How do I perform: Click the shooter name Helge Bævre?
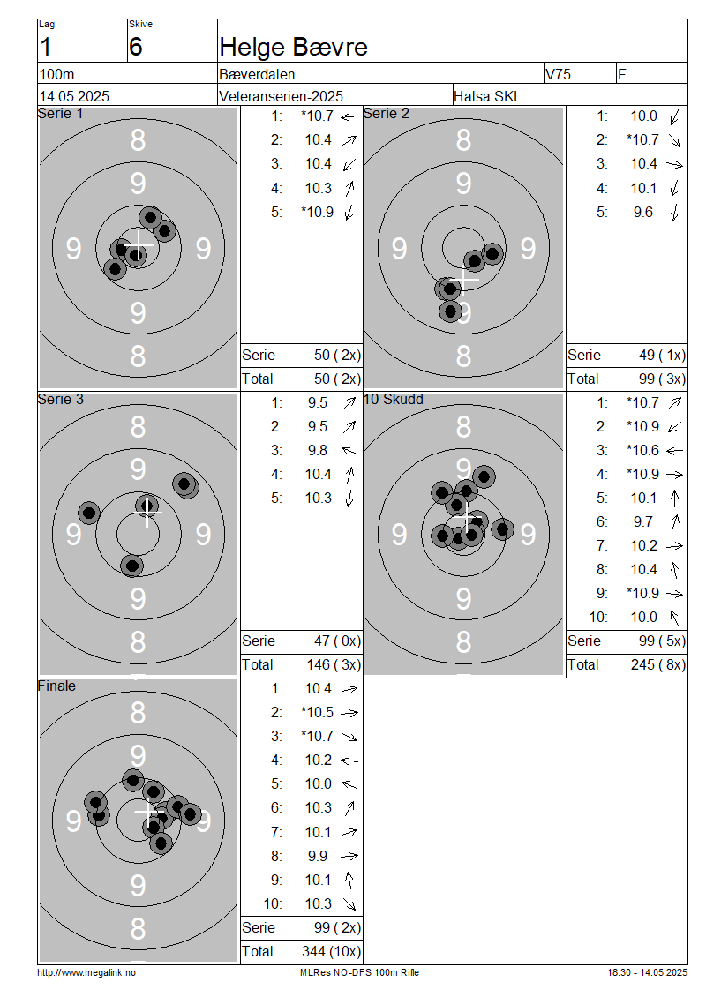pos(293,47)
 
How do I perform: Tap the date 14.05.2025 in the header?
pos(74,97)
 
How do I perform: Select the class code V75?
pos(558,74)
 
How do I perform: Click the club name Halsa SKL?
pos(487,97)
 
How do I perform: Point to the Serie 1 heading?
pos(60,113)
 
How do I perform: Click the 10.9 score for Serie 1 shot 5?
pos(318,213)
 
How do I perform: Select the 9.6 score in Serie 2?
pos(643,213)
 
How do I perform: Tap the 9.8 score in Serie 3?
pos(318,451)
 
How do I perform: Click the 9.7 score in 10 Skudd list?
pos(643,522)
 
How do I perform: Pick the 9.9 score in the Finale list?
pos(318,857)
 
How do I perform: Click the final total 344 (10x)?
pos(331,952)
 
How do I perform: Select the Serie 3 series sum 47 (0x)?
pos(338,641)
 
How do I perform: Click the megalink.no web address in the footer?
pos(86,973)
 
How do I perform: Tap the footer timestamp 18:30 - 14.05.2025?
pos(647,973)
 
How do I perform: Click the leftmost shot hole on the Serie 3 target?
pos(89,513)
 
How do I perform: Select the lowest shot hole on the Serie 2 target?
pos(450,311)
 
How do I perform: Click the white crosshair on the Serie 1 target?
pos(139,244)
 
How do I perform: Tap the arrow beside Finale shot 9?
pos(349,881)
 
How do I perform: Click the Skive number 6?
pos(136,47)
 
